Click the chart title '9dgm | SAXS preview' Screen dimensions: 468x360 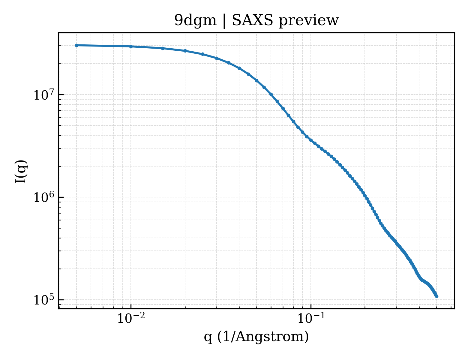coord(256,21)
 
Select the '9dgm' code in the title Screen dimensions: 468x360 coord(195,21)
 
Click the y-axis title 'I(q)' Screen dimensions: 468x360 coord(21,171)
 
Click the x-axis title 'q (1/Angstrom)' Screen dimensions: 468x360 coord(256,337)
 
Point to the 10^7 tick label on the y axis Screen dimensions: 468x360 coord(44,95)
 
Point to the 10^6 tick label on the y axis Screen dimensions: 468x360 coord(44,197)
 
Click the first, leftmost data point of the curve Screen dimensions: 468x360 coord(77,45)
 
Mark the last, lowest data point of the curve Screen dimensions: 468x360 coord(436,296)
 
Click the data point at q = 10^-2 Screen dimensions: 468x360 coord(131,46)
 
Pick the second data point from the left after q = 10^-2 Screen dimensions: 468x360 coord(185,51)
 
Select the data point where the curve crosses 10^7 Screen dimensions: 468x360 coord(271,94)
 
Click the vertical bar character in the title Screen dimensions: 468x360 coord(224,21)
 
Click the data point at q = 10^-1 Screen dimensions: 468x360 coord(311,140)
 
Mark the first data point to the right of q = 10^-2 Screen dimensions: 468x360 coord(163,48)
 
